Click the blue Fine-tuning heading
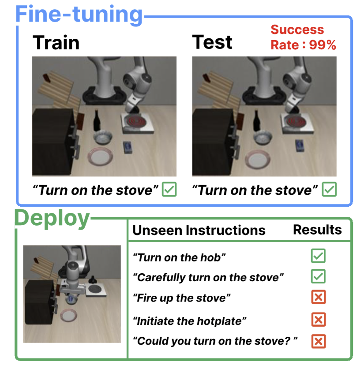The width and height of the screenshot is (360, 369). point(79,15)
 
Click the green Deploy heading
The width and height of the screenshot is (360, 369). point(52,219)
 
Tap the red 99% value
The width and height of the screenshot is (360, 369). point(322,45)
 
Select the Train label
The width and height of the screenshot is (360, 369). point(56,43)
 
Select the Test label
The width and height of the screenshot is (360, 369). point(212,42)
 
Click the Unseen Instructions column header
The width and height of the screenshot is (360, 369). point(199,230)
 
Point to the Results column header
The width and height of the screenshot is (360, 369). point(317,230)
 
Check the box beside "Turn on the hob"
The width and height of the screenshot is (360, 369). point(318,256)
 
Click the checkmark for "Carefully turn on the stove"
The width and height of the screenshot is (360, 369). point(318,276)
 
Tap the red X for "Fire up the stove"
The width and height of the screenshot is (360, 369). point(319,297)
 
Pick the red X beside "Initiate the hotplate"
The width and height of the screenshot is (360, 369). point(319,319)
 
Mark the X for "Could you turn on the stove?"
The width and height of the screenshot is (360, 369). point(319,341)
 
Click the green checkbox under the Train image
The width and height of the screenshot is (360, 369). point(169,189)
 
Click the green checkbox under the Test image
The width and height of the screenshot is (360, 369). point(329,189)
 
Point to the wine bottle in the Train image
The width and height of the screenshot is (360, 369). point(97,120)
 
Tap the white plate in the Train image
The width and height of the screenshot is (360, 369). point(100,157)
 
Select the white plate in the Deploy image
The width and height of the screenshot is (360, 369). point(69,315)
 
